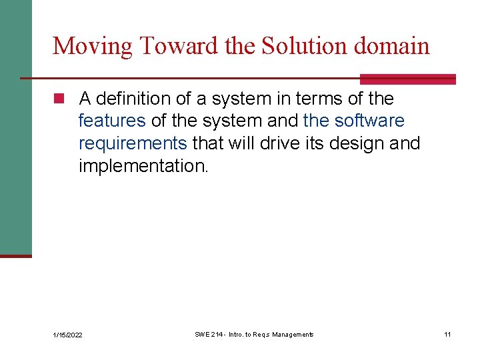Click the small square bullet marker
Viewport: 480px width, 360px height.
click(58, 99)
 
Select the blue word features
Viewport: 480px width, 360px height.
click(112, 121)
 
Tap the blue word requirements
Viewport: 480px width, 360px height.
click(133, 144)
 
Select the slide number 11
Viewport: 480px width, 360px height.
click(447, 334)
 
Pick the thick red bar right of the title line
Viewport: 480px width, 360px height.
click(407, 79)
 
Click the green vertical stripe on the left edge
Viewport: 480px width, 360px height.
click(15, 127)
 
